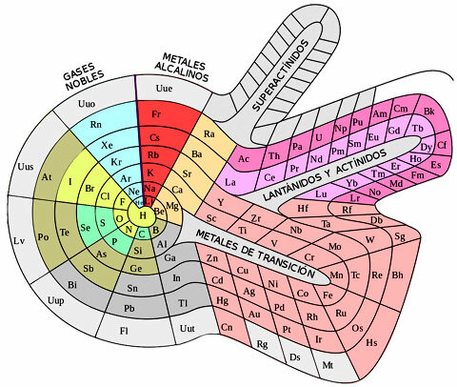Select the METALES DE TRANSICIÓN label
pos(254,253)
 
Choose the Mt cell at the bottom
pos(328,364)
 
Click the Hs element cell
pos(372,341)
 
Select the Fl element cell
pos(124,331)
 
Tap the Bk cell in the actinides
pos(428,112)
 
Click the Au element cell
pos(254,312)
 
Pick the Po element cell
pos(42,236)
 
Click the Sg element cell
pos(400,234)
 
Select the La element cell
pos(230,181)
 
